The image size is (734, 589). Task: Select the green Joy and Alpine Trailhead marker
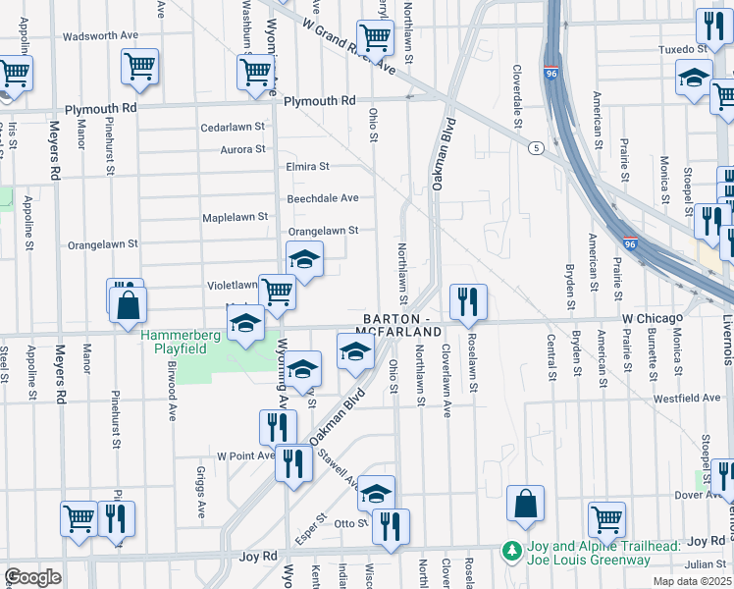click(510, 552)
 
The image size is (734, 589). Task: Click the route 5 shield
click(535, 147)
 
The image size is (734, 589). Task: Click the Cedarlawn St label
click(233, 127)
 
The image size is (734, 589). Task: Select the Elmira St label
click(307, 167)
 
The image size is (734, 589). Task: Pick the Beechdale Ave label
click(322, 197)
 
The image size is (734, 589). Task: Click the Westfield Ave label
click(688, 398)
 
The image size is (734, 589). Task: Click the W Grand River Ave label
click(349, 46)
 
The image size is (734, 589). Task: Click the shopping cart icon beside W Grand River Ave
click(375, 39)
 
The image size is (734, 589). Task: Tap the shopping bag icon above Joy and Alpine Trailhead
click(526, 504)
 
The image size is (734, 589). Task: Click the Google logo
click(32, 577)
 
